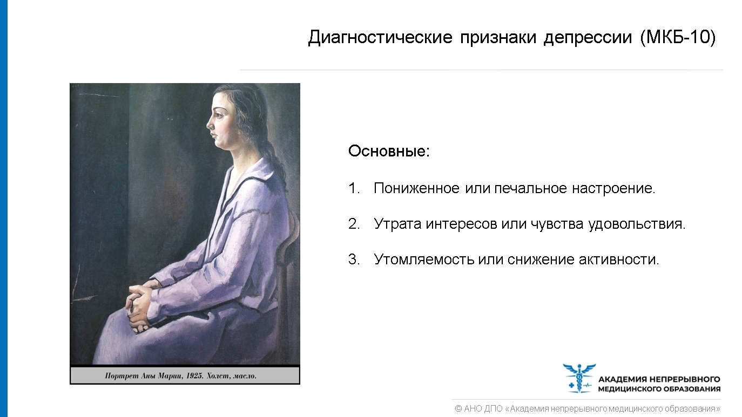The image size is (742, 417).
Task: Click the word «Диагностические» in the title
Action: [x=380, y=38]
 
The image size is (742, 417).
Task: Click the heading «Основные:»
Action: [x=389, y=151]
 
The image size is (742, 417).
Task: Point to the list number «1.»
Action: [x=354, y=189]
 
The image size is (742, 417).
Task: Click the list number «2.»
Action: [x=354, y=224]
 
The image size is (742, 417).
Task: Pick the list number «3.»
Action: [x=354, y=259]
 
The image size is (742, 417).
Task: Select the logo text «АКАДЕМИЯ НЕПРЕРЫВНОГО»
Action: [x=659, y=379]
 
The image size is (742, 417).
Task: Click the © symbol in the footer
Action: [x=458, y=409]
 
